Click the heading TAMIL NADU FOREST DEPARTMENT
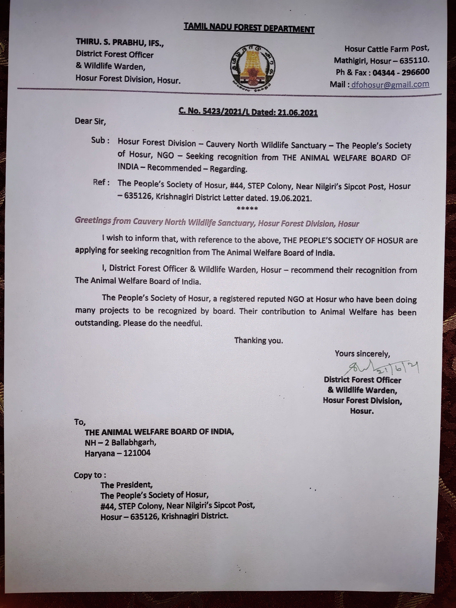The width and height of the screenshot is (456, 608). point(249,28)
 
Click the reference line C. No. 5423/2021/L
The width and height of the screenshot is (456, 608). point(214,111)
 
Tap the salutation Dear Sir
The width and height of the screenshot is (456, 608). point(90,121)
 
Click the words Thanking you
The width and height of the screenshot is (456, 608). point(258,341)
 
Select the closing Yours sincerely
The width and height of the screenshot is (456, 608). point(362,354)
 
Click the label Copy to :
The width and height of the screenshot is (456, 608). point(90,475)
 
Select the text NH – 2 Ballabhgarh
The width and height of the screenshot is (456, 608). point(120,442)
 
